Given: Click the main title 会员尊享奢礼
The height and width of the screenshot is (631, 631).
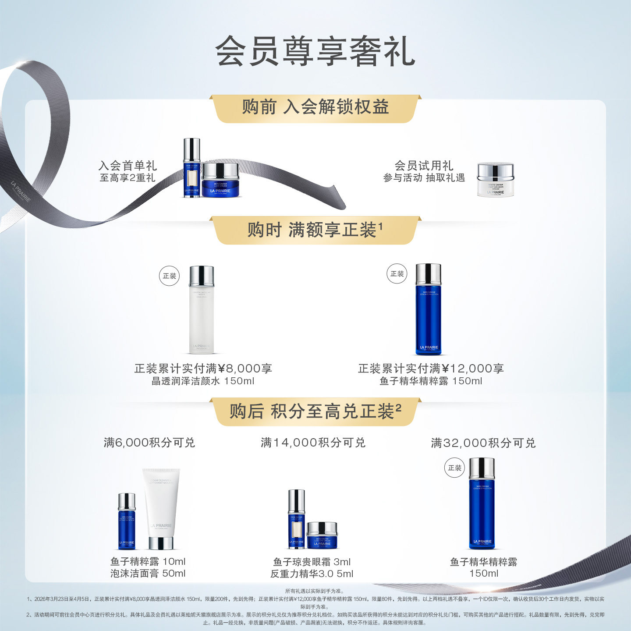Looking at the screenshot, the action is pyautogui.click(x=315, y=52).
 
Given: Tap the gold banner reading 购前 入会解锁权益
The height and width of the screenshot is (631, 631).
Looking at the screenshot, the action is pyautogui.click(x=315, y=107).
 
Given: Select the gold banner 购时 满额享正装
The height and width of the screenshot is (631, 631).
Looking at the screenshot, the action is pyautogui.click(x=315, y=230).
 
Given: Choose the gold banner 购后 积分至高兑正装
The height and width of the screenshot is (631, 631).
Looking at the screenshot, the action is pyautogui.click(x=315, y=411).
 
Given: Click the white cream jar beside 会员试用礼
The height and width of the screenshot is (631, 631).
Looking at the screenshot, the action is pyautogui.click(x=495, y=180).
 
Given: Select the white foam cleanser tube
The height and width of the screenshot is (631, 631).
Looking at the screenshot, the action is pyautogui.click(x=161, y=508).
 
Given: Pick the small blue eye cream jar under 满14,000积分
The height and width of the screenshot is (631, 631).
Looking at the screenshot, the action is pyautogui.click(x=322, y=535).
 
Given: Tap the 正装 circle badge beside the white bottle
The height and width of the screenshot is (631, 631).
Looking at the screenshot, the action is pyautogui.click(x=169, y=276).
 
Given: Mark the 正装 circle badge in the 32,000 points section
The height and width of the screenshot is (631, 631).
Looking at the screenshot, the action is pyautogui.click(x=454, y=468).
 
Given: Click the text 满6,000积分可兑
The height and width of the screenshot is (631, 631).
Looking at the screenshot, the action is pyautogui.click(x=149, y=443).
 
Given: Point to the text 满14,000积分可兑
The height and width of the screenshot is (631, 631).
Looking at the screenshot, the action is pyautogui.click(x=313, y=443).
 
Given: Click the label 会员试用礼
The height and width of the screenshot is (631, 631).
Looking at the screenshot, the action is pyautogui.click(x=424, y=166).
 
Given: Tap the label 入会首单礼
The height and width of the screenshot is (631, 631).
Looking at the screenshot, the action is pyautogui.click(x=128, y=166).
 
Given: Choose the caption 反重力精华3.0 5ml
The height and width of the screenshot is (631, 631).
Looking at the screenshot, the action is pyautogui.click(x=312, y=574).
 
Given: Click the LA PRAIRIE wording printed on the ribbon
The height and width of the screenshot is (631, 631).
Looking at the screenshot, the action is pyautogui.click(x=21, y=192).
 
